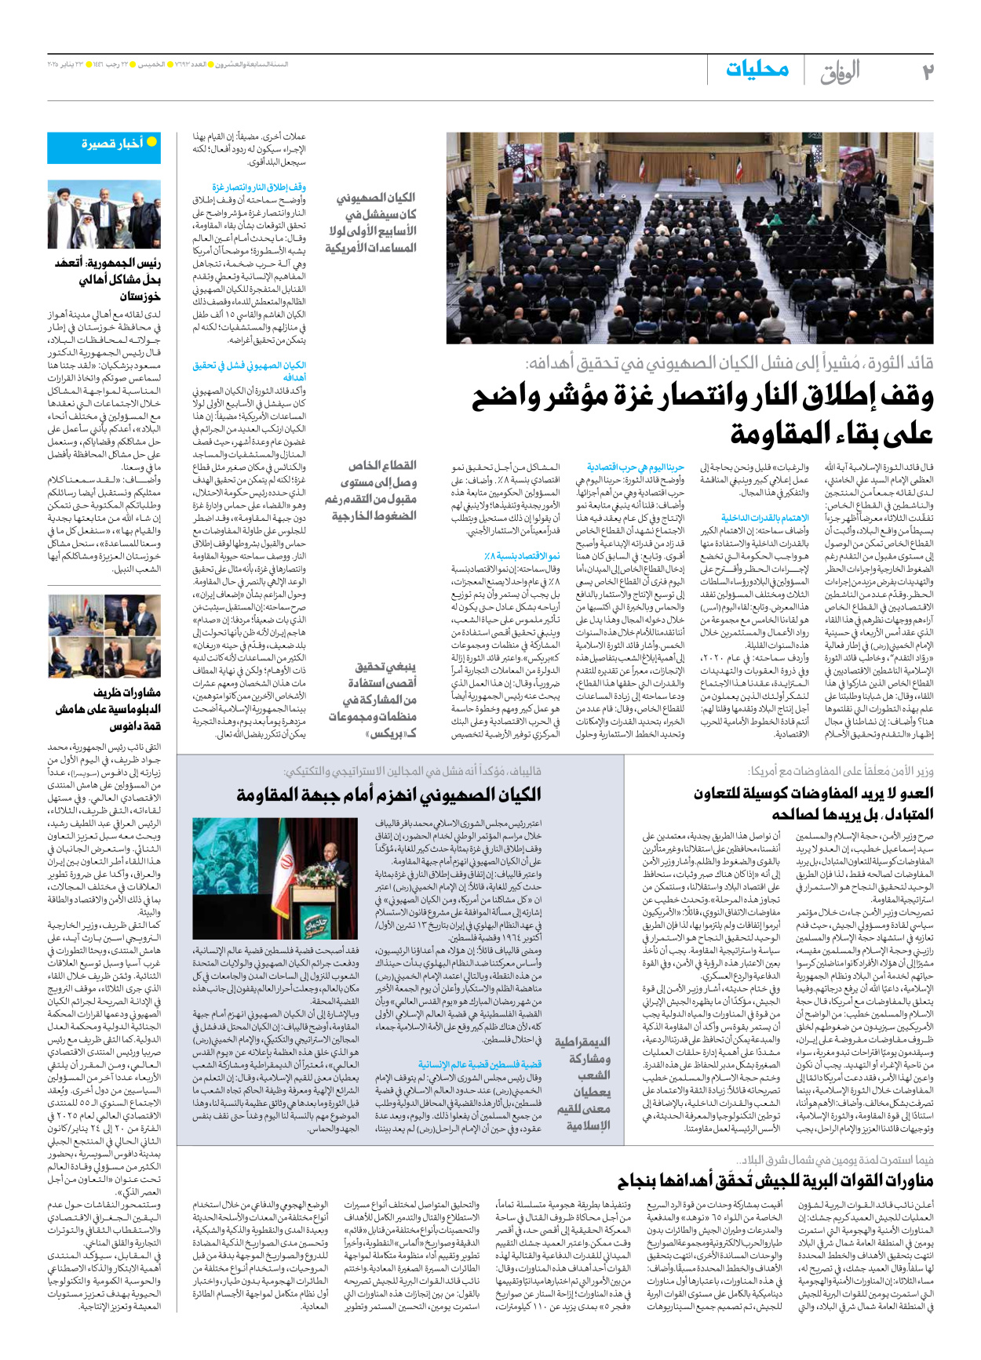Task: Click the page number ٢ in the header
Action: click(x=928, y=72)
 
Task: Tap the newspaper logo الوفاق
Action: click(x=840, y=74)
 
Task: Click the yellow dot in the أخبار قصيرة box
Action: click(x=151, y=142)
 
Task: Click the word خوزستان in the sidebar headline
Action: click(x=140, y=296)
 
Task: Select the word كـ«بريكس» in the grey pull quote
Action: click(x=391, y=733)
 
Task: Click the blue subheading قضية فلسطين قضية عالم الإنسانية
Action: click(x=480, y=1064)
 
